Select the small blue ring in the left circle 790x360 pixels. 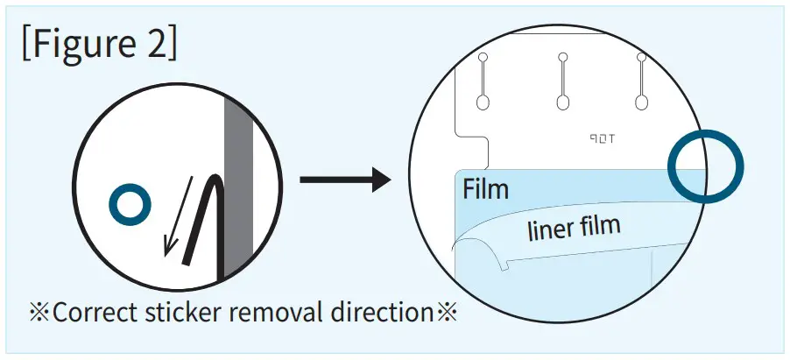130,206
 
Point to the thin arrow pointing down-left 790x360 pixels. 178,215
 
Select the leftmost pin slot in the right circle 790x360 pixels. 483,82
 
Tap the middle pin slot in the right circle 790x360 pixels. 562,82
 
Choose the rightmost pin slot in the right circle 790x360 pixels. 642,82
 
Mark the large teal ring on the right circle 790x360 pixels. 705,166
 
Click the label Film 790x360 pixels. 485,188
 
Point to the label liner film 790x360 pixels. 573,229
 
